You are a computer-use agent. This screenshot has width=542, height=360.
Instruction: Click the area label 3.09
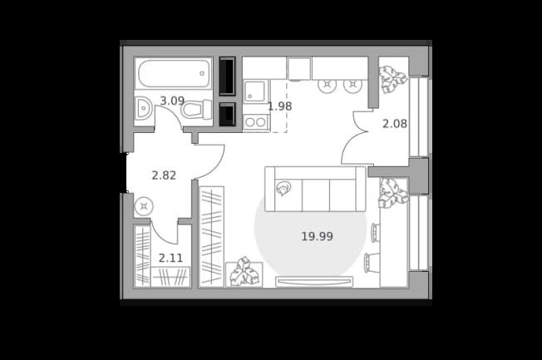point(172,101)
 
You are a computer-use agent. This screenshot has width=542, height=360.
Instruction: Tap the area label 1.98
point(280,106)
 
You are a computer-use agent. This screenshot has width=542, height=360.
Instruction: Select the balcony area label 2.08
point(394,123)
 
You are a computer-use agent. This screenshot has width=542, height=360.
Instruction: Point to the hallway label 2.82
point(165,175)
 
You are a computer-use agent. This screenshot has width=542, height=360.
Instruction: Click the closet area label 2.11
point(170,258)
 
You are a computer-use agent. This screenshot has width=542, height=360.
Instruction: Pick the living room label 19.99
point(317,237)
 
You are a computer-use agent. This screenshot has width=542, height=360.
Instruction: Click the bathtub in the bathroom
point(173,73)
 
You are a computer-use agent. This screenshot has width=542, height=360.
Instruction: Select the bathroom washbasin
point(143,108)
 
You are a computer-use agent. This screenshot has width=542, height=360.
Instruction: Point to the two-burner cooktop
point(256,122)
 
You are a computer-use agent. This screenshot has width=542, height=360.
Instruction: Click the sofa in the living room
point(315,189)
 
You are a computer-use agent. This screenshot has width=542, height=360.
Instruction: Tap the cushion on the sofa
point(283,189)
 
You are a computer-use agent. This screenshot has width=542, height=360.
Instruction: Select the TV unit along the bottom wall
point(314,282)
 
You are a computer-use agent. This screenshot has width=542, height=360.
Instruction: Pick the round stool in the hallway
point(144,207)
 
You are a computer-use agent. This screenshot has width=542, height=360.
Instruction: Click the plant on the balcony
point(392,79)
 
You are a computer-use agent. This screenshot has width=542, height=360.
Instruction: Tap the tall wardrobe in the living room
point(211,237)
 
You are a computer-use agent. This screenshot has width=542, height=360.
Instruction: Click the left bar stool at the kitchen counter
point(327,85)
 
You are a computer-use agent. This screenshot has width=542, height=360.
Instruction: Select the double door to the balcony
point(357,137)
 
